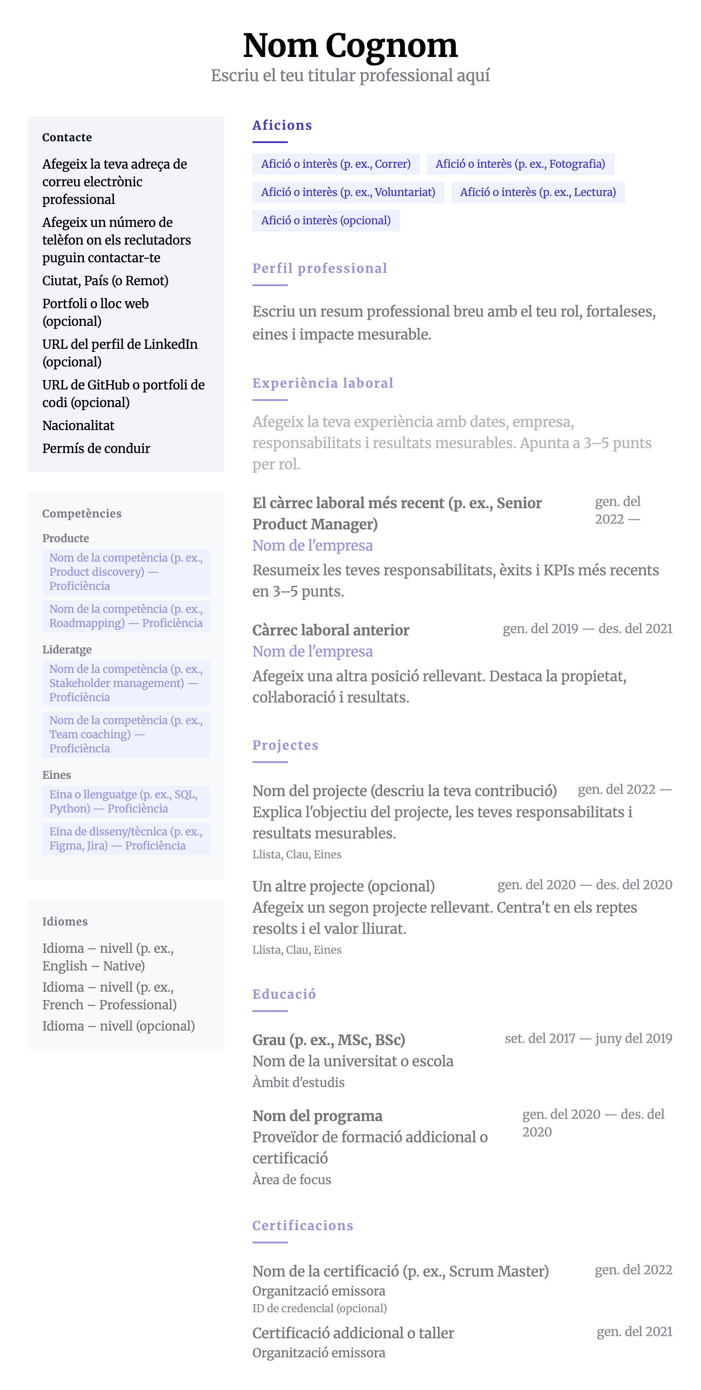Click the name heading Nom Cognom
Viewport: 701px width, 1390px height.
pos(350,45)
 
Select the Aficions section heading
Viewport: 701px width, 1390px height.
pos(282,125)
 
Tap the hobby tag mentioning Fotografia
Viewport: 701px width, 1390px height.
pos(520,164)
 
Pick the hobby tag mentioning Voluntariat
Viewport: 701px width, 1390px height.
pos(347,192)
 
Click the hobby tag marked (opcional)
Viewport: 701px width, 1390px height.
pos(325,220)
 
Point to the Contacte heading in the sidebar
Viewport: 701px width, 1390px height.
pos(67,137)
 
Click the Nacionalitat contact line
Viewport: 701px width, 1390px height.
pos(78,425)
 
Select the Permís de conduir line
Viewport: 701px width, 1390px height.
pos(96,449)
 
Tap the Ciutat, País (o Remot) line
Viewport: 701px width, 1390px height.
pos(105,280)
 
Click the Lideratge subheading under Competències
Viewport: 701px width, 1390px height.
pos(67,649)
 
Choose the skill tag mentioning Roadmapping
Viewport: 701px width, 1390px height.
pos(126,616)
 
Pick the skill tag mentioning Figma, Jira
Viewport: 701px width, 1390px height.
pos(126,838)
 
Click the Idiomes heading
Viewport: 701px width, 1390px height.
pos(65,921)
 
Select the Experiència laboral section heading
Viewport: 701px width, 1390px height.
pos(323,383)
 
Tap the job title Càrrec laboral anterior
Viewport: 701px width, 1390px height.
pos(331,630)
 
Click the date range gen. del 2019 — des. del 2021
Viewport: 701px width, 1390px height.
pos(587,629)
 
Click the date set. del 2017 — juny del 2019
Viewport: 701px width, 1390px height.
pos(588,1038)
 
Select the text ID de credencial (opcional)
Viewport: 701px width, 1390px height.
pos(320,1308)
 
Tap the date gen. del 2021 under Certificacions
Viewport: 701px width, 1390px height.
pos(634,1332)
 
